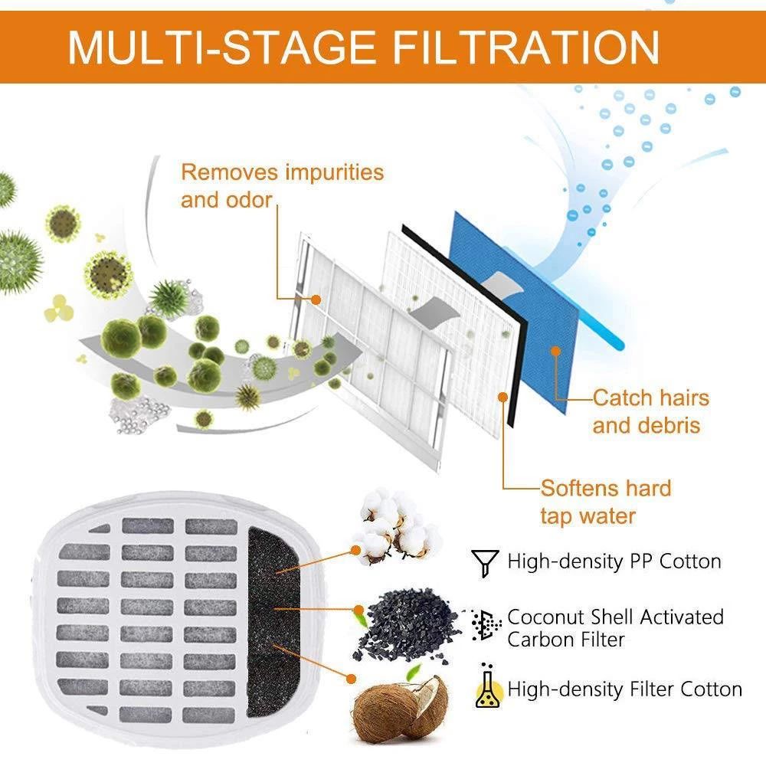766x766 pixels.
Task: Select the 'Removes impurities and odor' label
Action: click(x=282, y=185)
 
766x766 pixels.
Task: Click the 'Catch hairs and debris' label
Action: click(x=650, y=411)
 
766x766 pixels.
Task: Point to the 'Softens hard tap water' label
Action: click(x=605, y=502)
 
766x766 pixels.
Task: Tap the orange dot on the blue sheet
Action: click(x=556, y=352)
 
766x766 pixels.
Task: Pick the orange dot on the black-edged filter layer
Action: click(x=503, y=397)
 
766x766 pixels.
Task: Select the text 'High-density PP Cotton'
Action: click(x=614, y=561)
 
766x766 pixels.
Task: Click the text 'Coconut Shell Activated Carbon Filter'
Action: click(x=615, y=627)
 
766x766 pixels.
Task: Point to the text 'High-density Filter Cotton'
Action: click(x=624, y=689)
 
